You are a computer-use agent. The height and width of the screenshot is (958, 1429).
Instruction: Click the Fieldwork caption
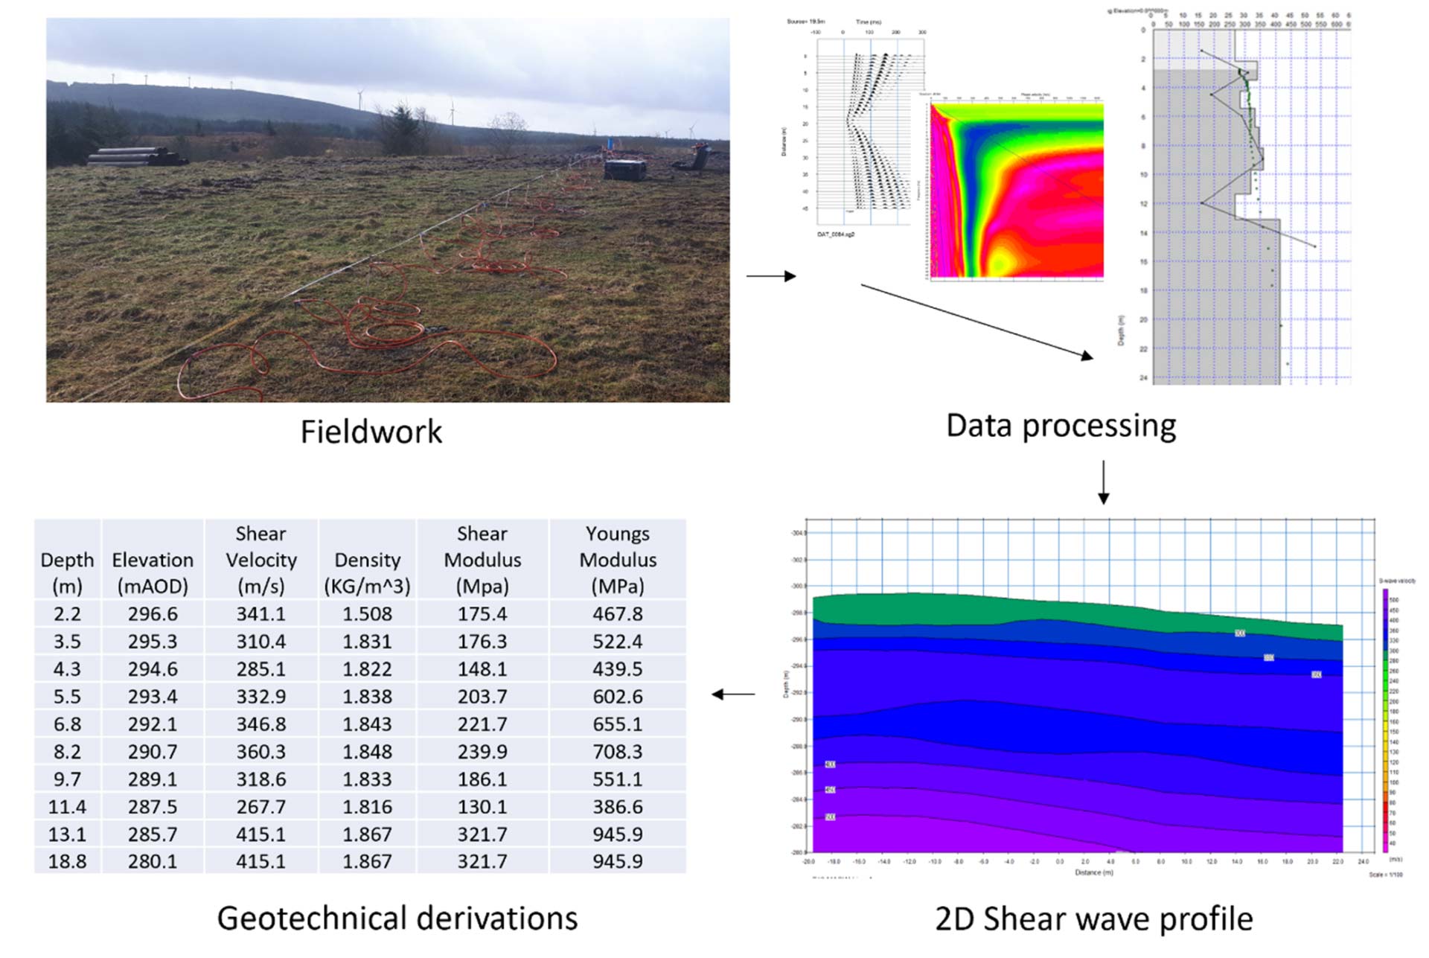click(371, 432)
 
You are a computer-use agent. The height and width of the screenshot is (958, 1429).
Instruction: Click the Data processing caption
click(1061, 426)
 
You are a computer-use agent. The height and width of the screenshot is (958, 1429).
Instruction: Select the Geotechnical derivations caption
click(397, 918)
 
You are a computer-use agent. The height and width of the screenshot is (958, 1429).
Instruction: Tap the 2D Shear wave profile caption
click(1093, 919)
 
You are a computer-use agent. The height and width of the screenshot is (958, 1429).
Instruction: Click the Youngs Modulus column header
click(618, 560)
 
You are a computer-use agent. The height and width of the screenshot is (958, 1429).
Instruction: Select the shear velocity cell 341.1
click(260, 614)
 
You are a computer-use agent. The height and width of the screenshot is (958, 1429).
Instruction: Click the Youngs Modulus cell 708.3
click(618, 752)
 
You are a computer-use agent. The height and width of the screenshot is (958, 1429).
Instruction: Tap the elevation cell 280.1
click(153, 861)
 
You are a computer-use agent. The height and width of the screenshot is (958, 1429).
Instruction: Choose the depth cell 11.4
click(67, 807)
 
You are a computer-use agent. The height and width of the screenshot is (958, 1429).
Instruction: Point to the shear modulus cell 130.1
click(482, 807)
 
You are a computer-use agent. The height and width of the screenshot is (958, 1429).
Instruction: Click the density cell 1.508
click(367, 614)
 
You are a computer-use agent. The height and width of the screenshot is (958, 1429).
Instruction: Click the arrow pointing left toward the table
click(733, 694)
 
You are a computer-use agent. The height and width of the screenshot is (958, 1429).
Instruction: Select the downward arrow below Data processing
click(1103, 482)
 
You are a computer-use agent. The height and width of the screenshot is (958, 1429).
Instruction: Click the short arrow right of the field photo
click(771, 276)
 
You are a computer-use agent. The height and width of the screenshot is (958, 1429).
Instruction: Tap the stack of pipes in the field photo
click(136, 156)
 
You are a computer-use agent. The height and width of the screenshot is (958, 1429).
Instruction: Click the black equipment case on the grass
click(624, 169)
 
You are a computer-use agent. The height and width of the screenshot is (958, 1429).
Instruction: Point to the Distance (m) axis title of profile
click(1093, 872)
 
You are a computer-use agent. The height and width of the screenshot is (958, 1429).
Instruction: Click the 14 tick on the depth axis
click(1143, 233)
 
